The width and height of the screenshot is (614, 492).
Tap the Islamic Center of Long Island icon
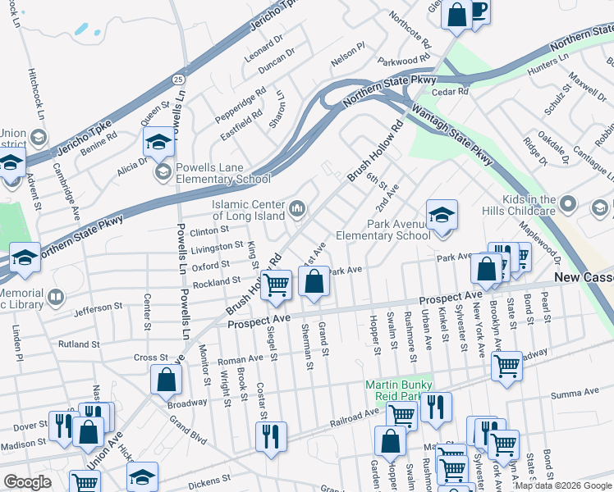coord(296,210)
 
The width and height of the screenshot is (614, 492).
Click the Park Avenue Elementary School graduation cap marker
coord(442,216)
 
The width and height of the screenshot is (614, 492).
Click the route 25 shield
coord(178,78)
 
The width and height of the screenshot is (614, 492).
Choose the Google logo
coord(27,482)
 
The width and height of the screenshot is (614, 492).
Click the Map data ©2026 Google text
coord(563,485)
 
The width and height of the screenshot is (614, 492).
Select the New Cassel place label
coord(583,278)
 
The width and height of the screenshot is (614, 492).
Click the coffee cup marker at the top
coord(479,10)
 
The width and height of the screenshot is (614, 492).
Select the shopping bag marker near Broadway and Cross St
coord(166,380)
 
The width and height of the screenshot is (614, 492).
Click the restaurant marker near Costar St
coord(271,437)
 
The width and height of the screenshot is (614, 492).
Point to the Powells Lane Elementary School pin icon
coord(163,171)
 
